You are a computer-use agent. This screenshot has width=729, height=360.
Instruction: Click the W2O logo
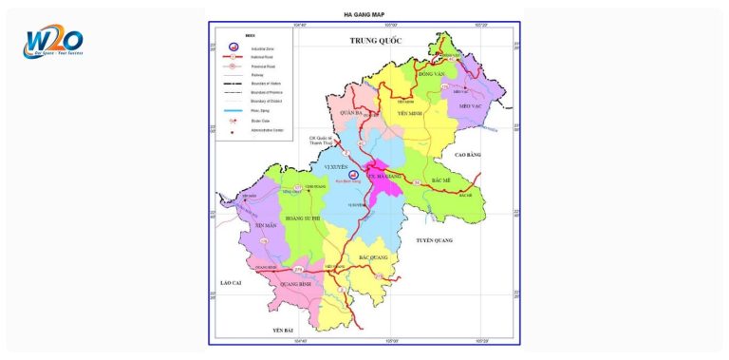(x=54, y=43)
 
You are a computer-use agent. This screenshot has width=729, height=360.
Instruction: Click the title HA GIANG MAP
(x=364, y=15)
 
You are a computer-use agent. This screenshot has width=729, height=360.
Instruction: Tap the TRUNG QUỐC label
(x=376, y=41)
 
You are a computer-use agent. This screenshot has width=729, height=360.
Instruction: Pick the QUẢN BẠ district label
(x=352, y=112)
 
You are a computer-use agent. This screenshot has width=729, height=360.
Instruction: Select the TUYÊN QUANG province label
(x=438, y=241)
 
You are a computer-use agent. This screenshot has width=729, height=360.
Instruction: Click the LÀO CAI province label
(x=233, y=283)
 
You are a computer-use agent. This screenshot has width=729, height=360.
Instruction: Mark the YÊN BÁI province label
(x=285, y=329)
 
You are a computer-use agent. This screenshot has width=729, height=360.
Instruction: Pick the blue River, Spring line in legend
(x=234, y=110)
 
